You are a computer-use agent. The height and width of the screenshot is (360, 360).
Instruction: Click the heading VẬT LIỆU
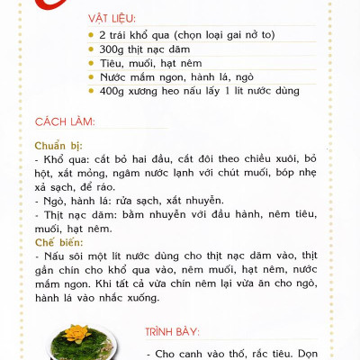[113, 19]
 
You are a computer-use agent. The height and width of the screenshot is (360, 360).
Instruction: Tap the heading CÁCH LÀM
[64, 121]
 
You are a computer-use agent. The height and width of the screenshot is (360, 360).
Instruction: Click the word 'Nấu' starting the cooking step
[55, 257]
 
